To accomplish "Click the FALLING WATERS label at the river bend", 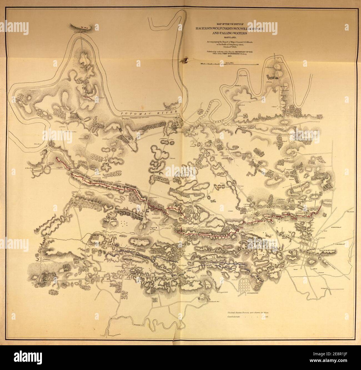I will (77, 33).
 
